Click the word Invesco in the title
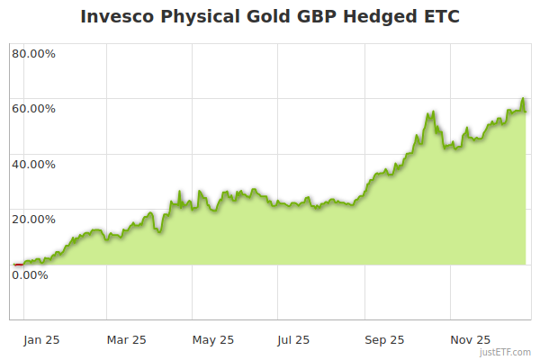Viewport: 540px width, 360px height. [113, 16]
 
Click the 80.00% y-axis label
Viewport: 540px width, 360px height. [33, 53]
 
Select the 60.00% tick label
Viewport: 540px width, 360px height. [33, 109]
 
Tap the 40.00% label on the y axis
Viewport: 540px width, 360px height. [33, 165]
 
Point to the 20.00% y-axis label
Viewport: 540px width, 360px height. [33, 219]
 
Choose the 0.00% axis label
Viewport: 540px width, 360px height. [30, 274]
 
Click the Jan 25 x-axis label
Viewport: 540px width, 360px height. [41, 339]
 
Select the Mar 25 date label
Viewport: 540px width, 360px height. [126, 339]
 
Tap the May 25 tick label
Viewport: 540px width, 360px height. [213, 339]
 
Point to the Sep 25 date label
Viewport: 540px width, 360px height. [384, 339]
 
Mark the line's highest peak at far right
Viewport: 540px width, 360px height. [523, 99]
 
